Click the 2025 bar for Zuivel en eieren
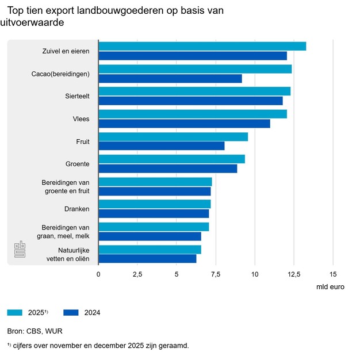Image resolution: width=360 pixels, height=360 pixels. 202,47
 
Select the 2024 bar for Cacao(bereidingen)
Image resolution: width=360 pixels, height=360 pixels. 170,78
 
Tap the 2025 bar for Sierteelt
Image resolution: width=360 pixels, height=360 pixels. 194,91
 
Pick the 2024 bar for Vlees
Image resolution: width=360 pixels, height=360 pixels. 184,124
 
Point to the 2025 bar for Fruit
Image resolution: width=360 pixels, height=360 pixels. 173,137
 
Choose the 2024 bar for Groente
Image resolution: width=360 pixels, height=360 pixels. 168,168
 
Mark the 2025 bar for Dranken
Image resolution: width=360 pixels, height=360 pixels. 155,204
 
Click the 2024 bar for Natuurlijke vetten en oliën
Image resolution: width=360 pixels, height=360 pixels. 147,259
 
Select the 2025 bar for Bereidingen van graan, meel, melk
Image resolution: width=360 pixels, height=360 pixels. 154,227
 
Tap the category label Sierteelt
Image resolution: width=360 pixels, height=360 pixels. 78,96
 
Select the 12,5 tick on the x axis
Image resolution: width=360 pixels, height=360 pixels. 293,274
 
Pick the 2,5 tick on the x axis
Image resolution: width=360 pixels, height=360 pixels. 137,274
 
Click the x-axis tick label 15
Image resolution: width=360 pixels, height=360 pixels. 332,274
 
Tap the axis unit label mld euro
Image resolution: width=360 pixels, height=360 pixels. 330,286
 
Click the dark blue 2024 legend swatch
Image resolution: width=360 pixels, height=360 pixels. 71,313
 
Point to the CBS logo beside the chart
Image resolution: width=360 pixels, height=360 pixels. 20,250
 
